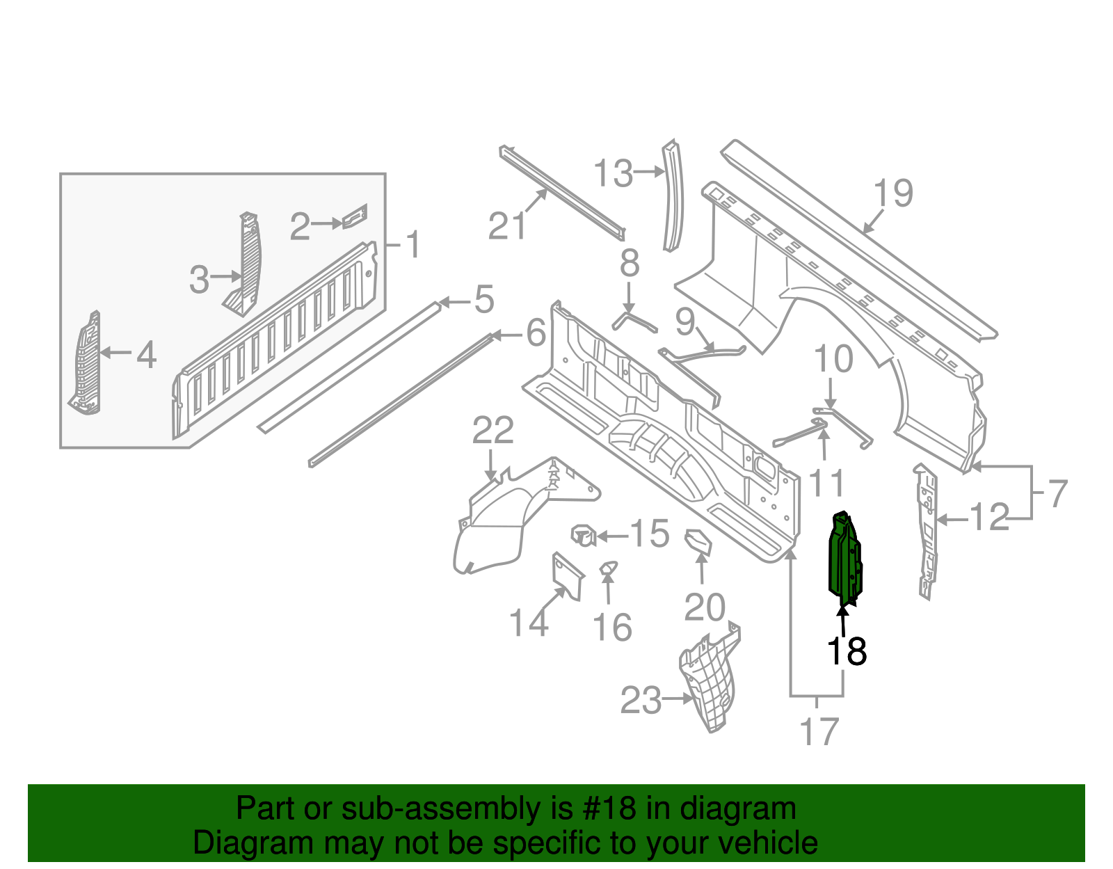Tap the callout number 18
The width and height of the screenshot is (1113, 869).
point(847,652)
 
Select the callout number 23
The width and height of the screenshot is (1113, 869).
point(641,701)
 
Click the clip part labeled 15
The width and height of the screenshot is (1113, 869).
point(584,536)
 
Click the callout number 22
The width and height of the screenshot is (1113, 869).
point(493,431)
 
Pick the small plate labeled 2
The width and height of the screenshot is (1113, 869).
point(355,216)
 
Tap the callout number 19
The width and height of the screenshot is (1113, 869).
point(893,193)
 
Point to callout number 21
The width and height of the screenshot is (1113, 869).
point(507,226)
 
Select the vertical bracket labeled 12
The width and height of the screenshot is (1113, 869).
point(927,532)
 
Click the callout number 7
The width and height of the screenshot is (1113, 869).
point(1057,494)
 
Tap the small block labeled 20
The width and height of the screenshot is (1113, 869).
point(698,542)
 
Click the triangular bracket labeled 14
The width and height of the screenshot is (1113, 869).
point(566,575)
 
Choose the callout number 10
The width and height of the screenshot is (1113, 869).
point(833,360)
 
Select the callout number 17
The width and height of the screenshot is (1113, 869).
point(819,732)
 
